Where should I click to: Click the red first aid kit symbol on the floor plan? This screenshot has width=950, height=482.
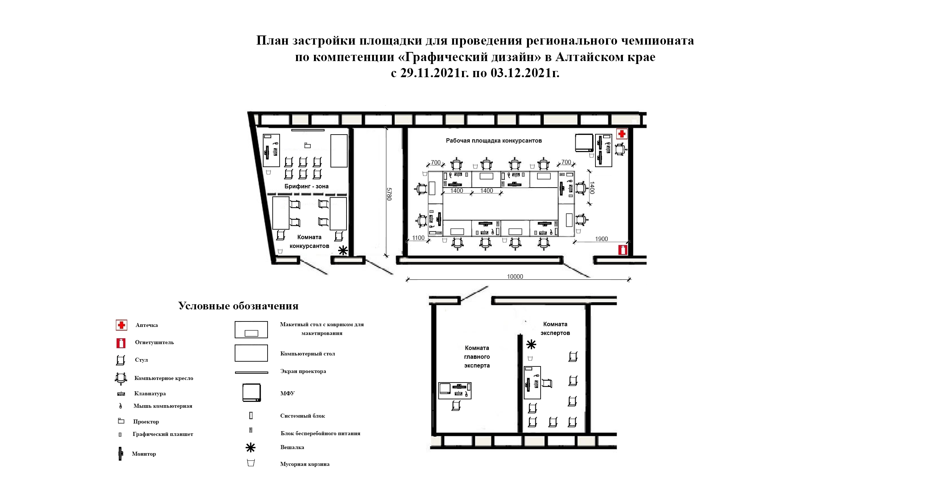point(622,133)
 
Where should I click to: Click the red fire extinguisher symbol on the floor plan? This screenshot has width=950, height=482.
point(622,250)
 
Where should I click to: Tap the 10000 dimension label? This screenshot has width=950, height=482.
point(515,276)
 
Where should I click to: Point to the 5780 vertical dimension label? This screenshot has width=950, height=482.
point(389,194)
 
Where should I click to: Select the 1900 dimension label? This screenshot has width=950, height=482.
point(602,239)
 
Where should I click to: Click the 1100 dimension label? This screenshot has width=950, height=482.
point(418,238)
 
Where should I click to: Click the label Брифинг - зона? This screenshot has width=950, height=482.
point(306,186)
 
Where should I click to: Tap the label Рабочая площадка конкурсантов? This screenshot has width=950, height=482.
point(494,141)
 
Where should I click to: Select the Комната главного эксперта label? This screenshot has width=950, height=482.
point(477,357)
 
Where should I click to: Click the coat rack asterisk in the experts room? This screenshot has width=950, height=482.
point(531,345)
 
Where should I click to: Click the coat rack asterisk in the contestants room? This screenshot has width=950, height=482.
point(343,251)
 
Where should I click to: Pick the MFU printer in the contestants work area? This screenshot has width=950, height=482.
point(584,143)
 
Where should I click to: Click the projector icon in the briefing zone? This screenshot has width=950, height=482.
point(307,146)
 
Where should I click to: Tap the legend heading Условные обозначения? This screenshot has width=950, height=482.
point(238,306)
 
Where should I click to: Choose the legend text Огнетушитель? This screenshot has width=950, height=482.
point(154,343)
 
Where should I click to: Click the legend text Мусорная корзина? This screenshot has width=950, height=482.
point(304,464)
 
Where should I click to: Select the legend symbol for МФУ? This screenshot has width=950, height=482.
point(251,393)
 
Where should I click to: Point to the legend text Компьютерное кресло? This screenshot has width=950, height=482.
point(164,378)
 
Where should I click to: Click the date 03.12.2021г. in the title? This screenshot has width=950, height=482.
point(525,73)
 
